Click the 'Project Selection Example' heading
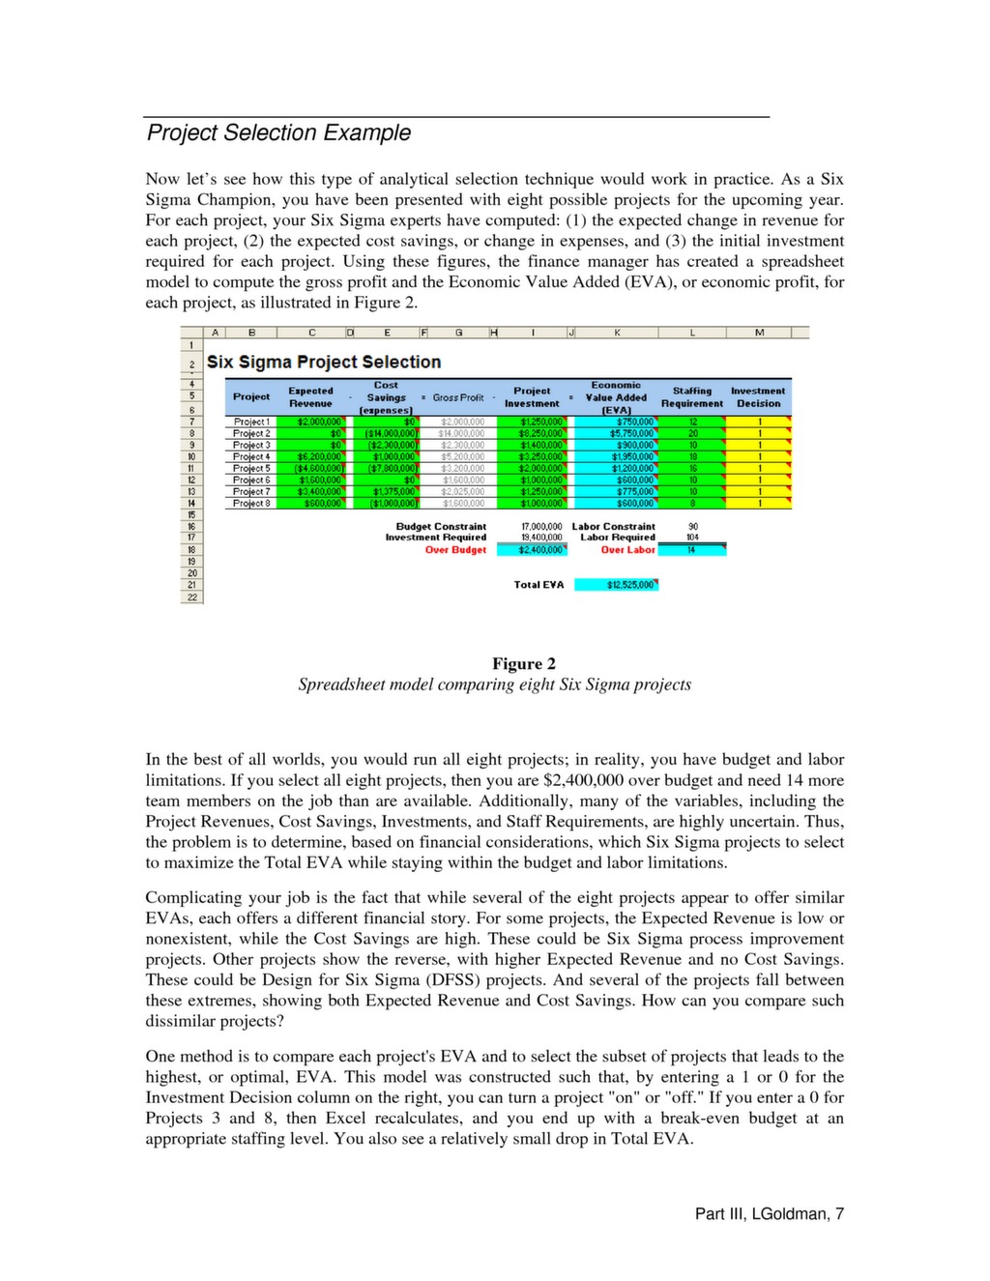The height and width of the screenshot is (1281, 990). pos(278,132)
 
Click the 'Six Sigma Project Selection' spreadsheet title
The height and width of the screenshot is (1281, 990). pos(324,362)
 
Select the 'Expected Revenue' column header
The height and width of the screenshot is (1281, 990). pos(310,396)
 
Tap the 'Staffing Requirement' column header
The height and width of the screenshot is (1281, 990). pos(692,396)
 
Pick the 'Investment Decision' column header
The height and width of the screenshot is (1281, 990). pos(758,396)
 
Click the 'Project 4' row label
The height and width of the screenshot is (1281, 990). pos(251,456)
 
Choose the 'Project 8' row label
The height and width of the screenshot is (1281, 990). pos(251,503)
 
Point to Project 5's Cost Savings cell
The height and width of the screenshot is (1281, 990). pos(389,468)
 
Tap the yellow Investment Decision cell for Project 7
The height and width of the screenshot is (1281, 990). pos(759,491)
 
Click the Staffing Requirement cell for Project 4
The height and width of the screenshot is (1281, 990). pos(692,456)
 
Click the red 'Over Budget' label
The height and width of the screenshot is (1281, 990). pos(455,550)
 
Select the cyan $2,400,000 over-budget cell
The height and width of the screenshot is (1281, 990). pos(533,550)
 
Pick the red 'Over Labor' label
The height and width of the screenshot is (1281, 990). pos(627,550)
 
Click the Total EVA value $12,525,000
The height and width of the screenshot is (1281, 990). pos(617,585)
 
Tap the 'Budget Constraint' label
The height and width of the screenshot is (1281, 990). pos(441,527)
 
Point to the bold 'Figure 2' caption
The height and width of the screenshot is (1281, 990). pos(524,663)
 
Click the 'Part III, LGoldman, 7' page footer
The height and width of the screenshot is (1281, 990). pos(769,1213)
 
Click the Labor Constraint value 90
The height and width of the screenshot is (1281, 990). pos(692,527)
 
